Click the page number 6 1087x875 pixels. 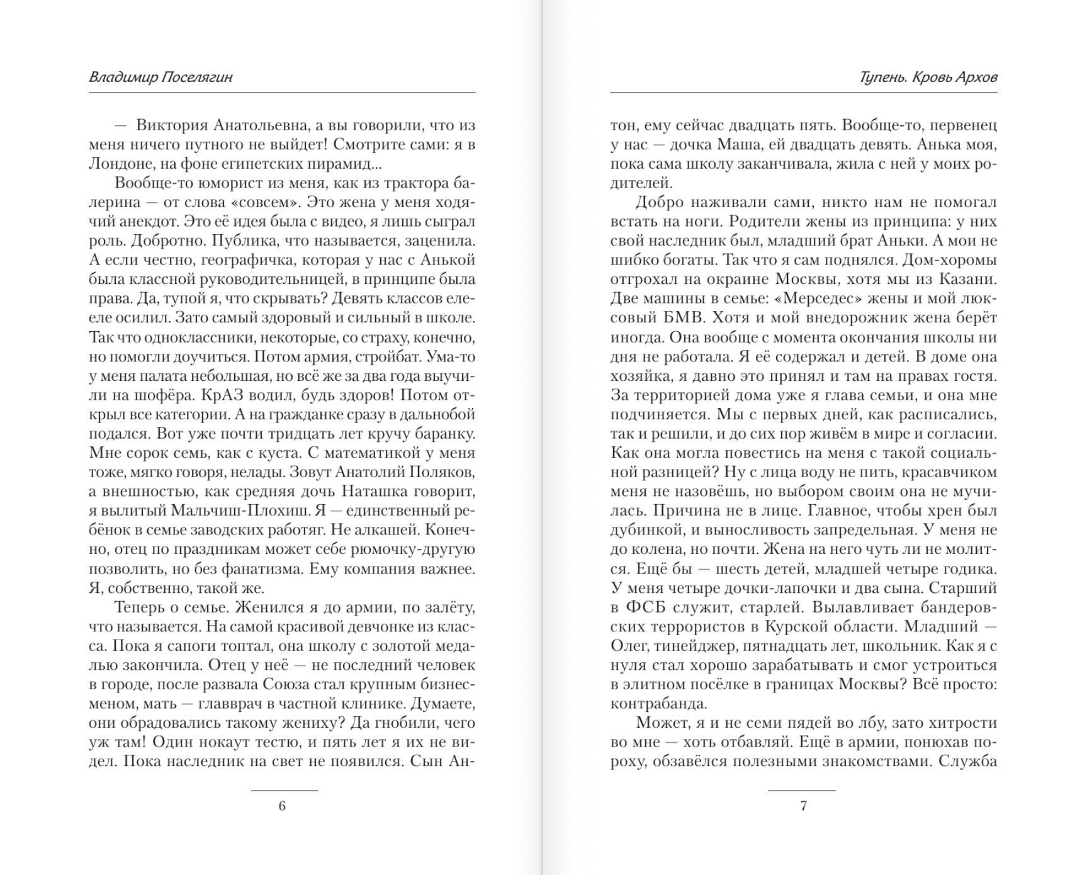(x=282, y=806)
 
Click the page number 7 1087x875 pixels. (x=803, y=806)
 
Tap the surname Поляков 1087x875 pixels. (x=444, y=472)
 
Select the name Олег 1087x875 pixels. (x=629, y=646)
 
